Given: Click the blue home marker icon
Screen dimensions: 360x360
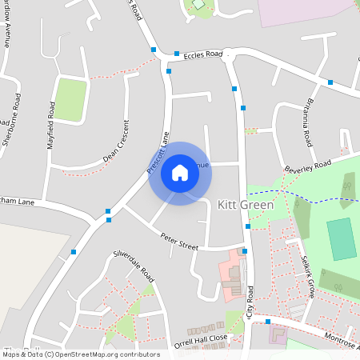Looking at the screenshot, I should pos(179,173).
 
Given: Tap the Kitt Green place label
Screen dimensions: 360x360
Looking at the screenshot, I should pos(246,205).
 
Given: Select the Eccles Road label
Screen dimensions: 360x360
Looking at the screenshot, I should pos(202,55).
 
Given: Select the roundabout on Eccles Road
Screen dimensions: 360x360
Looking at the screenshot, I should pos(228,57).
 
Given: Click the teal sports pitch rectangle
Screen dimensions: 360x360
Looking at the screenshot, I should pos(342,238).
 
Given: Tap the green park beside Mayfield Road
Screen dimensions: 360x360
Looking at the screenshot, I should pos(70,100).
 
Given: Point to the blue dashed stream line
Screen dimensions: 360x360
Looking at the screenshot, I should pos(312,195).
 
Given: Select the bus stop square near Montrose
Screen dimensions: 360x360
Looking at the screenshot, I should pos(268,322).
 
